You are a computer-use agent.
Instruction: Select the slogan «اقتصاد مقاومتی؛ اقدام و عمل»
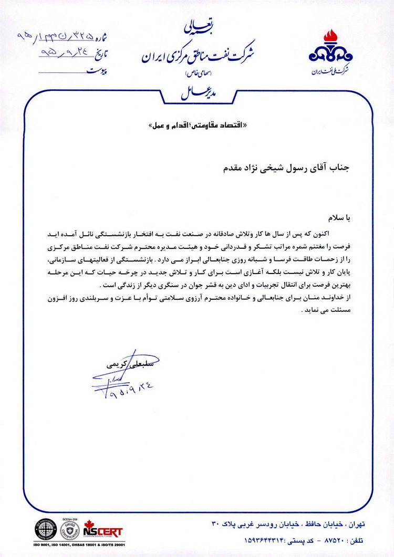pos(190,126)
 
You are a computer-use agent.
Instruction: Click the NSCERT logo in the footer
pos(103,532)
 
